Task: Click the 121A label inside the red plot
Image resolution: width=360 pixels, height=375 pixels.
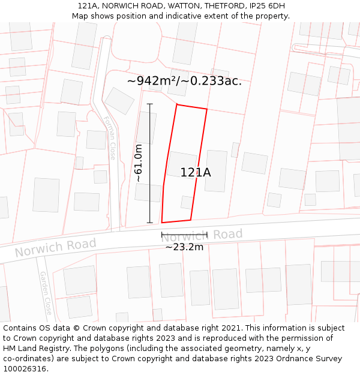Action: click(x=196, y=173)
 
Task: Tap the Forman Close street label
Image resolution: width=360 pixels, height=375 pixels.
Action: click(x=110, y=138)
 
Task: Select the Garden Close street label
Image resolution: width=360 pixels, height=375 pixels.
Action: click(x=46, y=293)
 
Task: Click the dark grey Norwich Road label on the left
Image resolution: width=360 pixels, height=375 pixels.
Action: click(x=55, y=247)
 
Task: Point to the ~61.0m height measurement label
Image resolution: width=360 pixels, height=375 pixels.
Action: click(x=138, y=163)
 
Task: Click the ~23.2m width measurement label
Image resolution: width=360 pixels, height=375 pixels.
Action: click(x=184, y=247)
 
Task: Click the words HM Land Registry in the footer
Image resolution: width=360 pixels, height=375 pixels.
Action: click(x=39, y=348)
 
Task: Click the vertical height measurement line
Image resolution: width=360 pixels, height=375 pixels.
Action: click(x=150, y=163)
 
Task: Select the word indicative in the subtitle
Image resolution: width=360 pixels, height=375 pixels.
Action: click(x=199, y=16)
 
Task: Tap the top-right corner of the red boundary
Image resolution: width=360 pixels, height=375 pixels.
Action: click(x=207, y=109)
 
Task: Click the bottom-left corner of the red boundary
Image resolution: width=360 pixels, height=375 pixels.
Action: click(x=162, y=223)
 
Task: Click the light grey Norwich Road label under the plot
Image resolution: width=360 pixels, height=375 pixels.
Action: click(x=202, y=236)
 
